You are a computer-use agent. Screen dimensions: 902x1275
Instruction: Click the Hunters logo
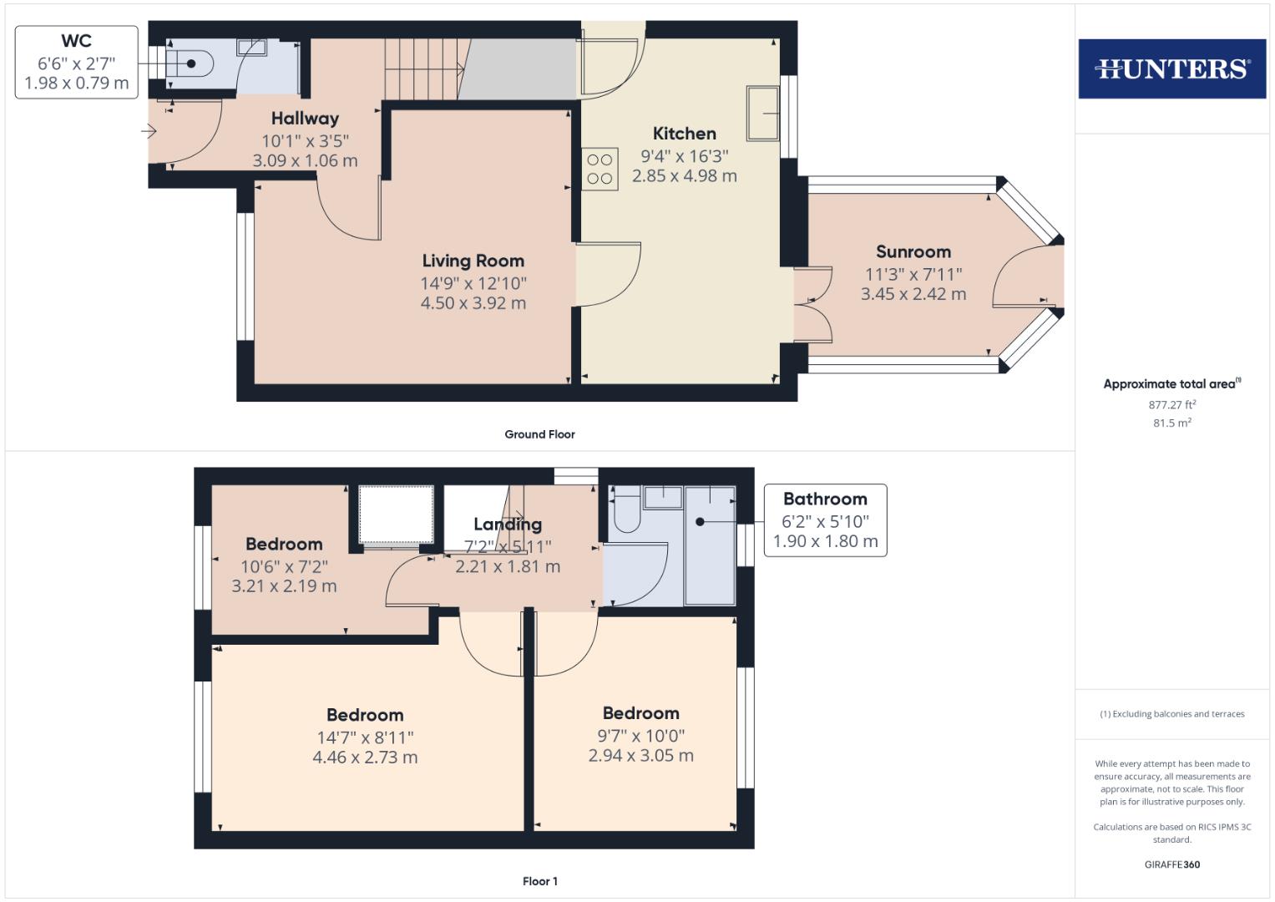(x=1171, y=68)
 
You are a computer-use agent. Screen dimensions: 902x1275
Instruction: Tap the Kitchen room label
(x=684, y=134)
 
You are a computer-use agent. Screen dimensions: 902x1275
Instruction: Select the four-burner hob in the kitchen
(x=600, y=169)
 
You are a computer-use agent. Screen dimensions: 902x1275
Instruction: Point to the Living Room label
(x=473, y=261)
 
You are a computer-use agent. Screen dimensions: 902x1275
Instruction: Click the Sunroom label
(x=913, y=251)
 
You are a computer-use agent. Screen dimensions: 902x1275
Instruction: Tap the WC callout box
(x=76, y=62)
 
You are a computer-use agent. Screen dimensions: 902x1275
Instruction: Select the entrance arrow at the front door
(x=149, y=131)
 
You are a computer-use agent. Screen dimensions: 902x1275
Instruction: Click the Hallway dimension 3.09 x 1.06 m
(x=305, y=160)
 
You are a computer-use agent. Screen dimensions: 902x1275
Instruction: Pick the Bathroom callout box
(x=825, y=519)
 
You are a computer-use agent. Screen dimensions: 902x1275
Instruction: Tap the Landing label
(x=508, y=524)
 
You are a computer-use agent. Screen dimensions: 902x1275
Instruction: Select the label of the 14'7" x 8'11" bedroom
(x=365, y=715)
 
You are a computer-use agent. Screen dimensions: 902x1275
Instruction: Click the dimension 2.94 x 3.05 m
(x=640, y=756)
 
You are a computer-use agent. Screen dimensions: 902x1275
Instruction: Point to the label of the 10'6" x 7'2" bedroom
(x=284, y=545)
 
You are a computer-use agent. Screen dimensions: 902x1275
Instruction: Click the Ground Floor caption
(x=539, y=434)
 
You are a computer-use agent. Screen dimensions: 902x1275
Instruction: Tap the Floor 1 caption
(x=539, y=881)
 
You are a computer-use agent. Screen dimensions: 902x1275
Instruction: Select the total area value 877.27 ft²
(x=1171, y=405)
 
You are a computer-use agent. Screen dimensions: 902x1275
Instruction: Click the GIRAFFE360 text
(x=1171, y=864)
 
